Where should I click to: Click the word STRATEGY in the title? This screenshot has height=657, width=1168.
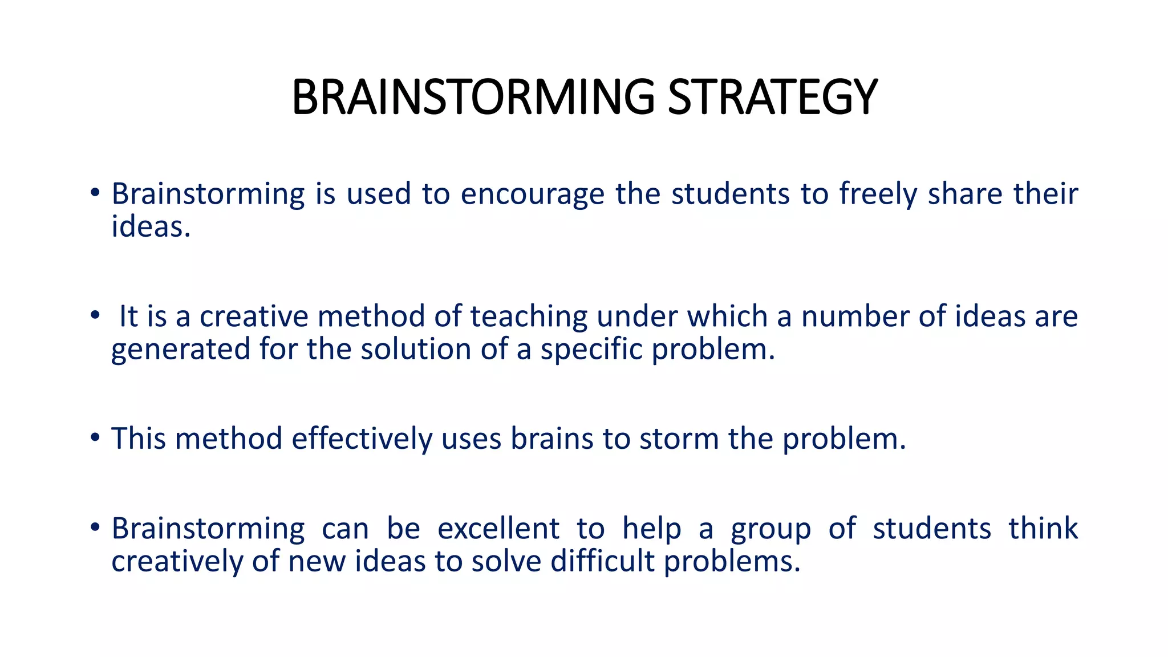[x=772, y=97]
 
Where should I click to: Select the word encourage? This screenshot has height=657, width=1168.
[x=532, y=194]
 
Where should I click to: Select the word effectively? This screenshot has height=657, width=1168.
[x=362, y=439]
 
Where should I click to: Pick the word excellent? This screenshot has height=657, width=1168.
[x=498, y=528]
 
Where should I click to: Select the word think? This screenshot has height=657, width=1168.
[x=1043, y=528]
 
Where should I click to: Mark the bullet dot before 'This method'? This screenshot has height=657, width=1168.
[x=95, y=437]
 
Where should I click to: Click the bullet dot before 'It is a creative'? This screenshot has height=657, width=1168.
[x=95, y=315]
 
